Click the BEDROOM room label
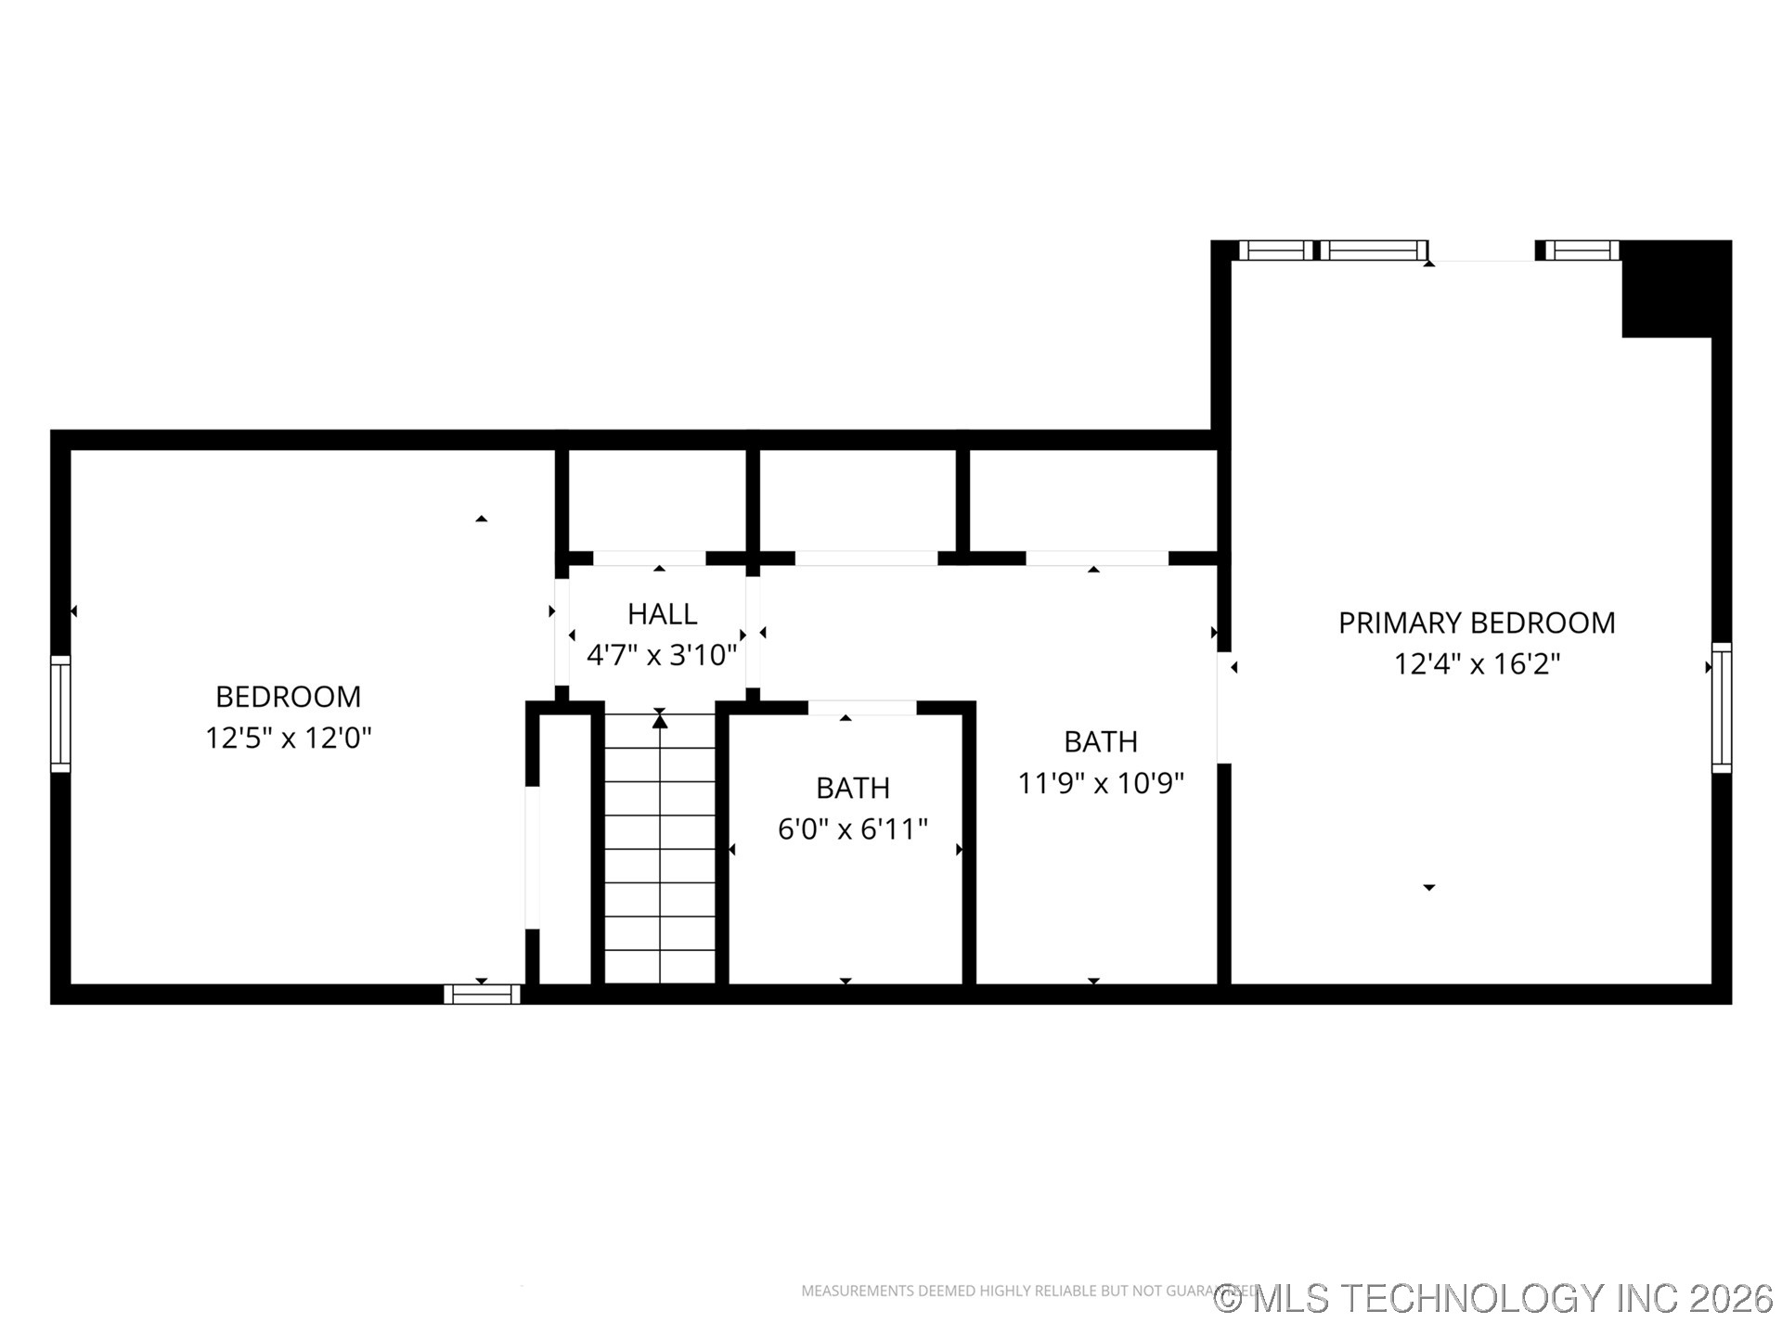288,697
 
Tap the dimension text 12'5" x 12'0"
288,739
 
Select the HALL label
662,614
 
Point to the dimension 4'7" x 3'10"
662,656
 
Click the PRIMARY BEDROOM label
1476,623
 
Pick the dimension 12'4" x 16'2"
1476,664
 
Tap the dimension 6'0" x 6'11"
852,829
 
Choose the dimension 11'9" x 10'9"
1101,784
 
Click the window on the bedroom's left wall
60,713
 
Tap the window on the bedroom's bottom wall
482,994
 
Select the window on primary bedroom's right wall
1721,708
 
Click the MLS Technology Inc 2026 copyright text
1494,1298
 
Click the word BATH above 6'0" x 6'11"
852,788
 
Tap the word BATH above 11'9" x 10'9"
1101,742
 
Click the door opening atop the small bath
862,708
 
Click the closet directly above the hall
657,501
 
